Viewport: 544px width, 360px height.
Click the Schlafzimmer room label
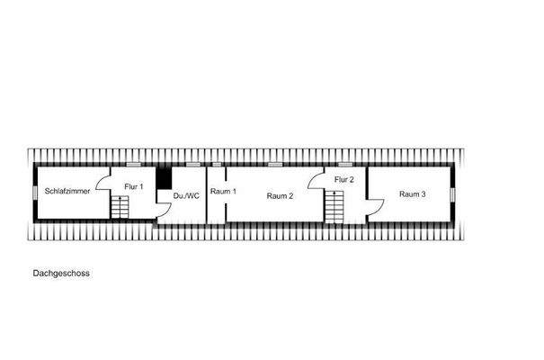(67, 191)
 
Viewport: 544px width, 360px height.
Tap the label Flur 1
(134, 186)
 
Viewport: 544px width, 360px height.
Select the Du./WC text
(186, 196)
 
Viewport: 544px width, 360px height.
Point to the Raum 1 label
(223, 191)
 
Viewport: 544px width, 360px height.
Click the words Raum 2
(280, 196)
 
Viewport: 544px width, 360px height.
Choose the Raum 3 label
(412, 194)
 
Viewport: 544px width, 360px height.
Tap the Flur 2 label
(343, 179)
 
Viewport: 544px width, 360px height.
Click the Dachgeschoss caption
(61, 274)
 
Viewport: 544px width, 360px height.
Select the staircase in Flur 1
(120, 207)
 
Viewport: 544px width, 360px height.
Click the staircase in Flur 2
(334, 207)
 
